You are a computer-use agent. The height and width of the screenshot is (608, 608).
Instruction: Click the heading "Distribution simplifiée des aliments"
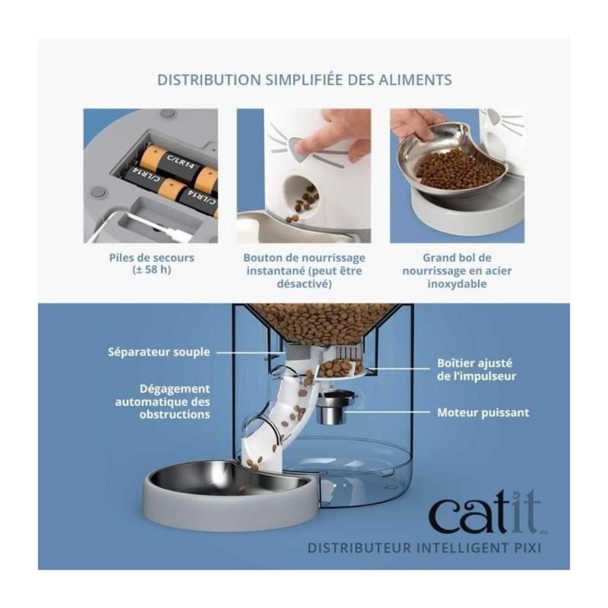304,80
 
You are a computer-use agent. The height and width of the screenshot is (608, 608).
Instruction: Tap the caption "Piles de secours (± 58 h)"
151,263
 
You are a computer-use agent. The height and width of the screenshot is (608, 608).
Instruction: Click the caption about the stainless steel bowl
457,271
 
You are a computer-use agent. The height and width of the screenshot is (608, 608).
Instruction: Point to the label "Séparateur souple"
159,352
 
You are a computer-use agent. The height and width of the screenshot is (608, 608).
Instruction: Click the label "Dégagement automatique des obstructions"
162,401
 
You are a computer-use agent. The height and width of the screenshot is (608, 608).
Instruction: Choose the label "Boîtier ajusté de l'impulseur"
476,370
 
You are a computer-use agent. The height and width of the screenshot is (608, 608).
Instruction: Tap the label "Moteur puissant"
483,412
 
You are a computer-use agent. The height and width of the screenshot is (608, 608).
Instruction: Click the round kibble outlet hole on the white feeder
303,193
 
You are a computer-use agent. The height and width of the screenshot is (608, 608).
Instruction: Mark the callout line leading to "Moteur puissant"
390,412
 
